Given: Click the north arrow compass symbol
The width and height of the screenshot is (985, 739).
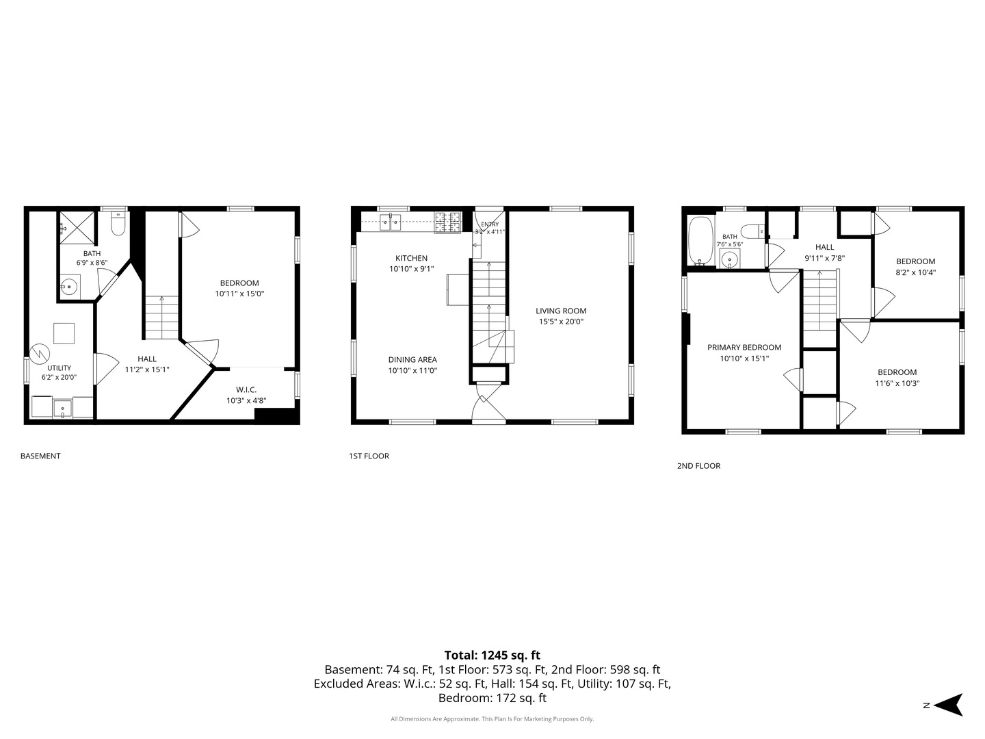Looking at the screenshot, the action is coord(950,705).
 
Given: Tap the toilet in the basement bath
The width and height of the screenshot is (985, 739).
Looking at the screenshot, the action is coord(118,224).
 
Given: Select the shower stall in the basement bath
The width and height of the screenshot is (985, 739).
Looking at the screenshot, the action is coord(77,227).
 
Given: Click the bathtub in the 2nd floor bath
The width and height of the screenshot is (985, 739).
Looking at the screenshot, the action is coord(700,241).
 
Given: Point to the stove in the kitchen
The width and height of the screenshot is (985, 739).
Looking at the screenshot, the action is coord(447,222).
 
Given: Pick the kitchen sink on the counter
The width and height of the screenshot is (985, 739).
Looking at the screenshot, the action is coord(390,222).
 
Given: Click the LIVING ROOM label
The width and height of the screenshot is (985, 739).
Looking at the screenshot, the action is coord(561,311).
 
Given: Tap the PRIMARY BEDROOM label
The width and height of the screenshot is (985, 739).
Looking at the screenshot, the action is coord(744,348).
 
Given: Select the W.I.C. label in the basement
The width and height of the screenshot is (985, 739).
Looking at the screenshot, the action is coord(246,390).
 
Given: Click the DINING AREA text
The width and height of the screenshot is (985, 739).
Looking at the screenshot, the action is coord(412,359).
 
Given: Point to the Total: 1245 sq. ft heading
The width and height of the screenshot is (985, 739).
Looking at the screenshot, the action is coord(492,655).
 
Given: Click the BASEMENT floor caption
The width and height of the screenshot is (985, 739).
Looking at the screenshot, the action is coord(40,456).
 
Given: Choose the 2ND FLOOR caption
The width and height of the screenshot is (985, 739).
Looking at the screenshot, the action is coord(698,466).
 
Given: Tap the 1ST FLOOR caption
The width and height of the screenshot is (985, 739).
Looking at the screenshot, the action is coord(369,456).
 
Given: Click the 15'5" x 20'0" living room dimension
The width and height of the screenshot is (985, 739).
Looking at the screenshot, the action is coord(561,322).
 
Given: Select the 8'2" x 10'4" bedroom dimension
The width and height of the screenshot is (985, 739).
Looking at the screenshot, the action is coord(915,272).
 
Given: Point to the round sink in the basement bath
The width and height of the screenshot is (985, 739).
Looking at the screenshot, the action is coord(69,286).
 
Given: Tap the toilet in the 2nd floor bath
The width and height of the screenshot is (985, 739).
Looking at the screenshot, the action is coord(752,231).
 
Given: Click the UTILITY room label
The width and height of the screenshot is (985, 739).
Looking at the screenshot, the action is coord(60,368).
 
